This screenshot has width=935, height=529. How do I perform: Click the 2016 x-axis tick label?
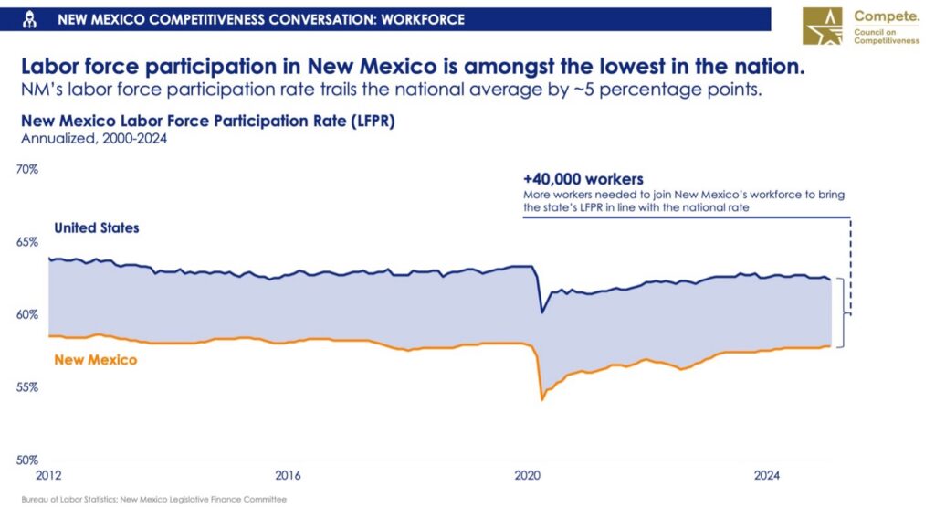click(288, 476)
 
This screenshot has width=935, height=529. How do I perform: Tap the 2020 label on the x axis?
click(528, 476)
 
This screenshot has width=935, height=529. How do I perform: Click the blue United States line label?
click(97, 227)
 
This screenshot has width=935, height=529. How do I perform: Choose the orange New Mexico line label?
click(96, 360)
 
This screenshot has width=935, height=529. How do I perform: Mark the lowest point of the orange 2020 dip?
click(542, 399)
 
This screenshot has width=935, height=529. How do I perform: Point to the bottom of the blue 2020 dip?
click(542, 312)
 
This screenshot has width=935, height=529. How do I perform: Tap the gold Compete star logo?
click(825, 26)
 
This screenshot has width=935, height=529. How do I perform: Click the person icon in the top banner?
click(31, 19)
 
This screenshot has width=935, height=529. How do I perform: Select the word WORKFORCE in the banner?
click(425, 19)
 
